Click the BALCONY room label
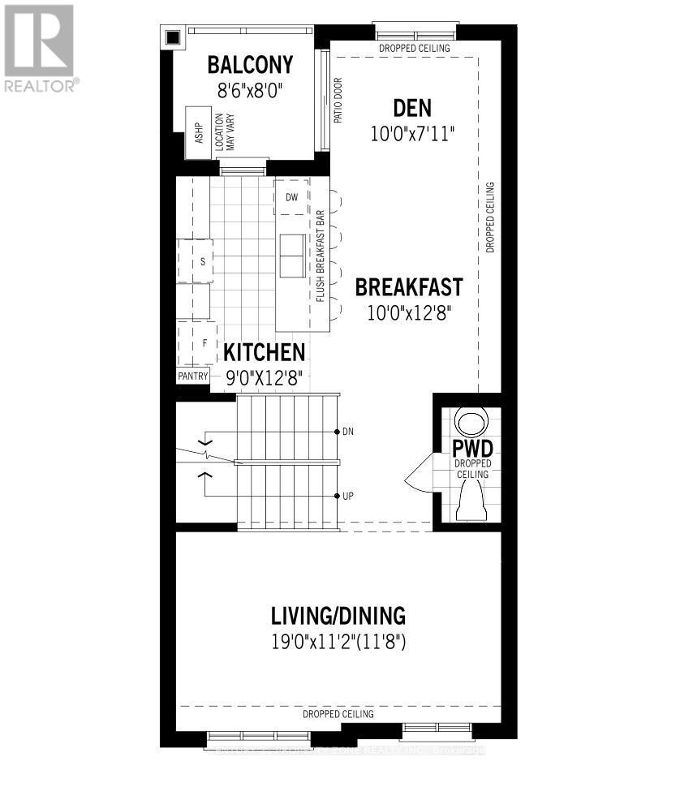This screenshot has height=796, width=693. click(250, 65)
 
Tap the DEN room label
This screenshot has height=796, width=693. click(412, 108)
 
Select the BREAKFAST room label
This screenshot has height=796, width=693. click(409, 287)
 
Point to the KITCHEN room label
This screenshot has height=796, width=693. click(265, 353)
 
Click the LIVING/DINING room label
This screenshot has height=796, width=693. click(338, 615)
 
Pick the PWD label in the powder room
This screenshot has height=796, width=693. click(472, 448)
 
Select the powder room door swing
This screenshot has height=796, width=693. click(419, 472)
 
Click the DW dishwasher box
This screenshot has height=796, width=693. click(291, 197)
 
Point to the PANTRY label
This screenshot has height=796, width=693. click(193, 376)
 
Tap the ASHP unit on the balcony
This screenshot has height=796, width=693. click(198, 133)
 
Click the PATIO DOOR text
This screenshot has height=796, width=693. click(338, 101)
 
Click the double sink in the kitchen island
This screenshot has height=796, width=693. click(291, 256)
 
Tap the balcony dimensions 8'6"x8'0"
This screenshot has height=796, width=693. click(250, 92)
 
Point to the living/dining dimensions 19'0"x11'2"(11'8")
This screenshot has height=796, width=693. click(338, 643)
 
